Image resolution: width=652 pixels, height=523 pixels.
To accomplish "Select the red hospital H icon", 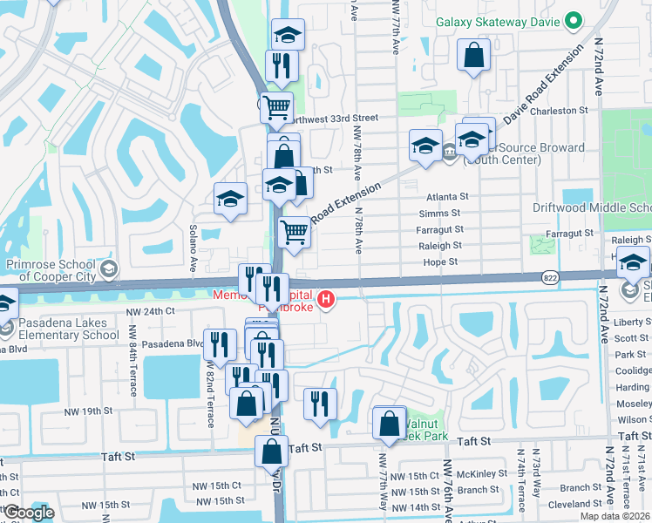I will pos(326,301).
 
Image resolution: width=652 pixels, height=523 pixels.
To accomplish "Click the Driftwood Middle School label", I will pos(593,207).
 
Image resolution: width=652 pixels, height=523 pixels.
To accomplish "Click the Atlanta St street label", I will pos(448,197).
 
